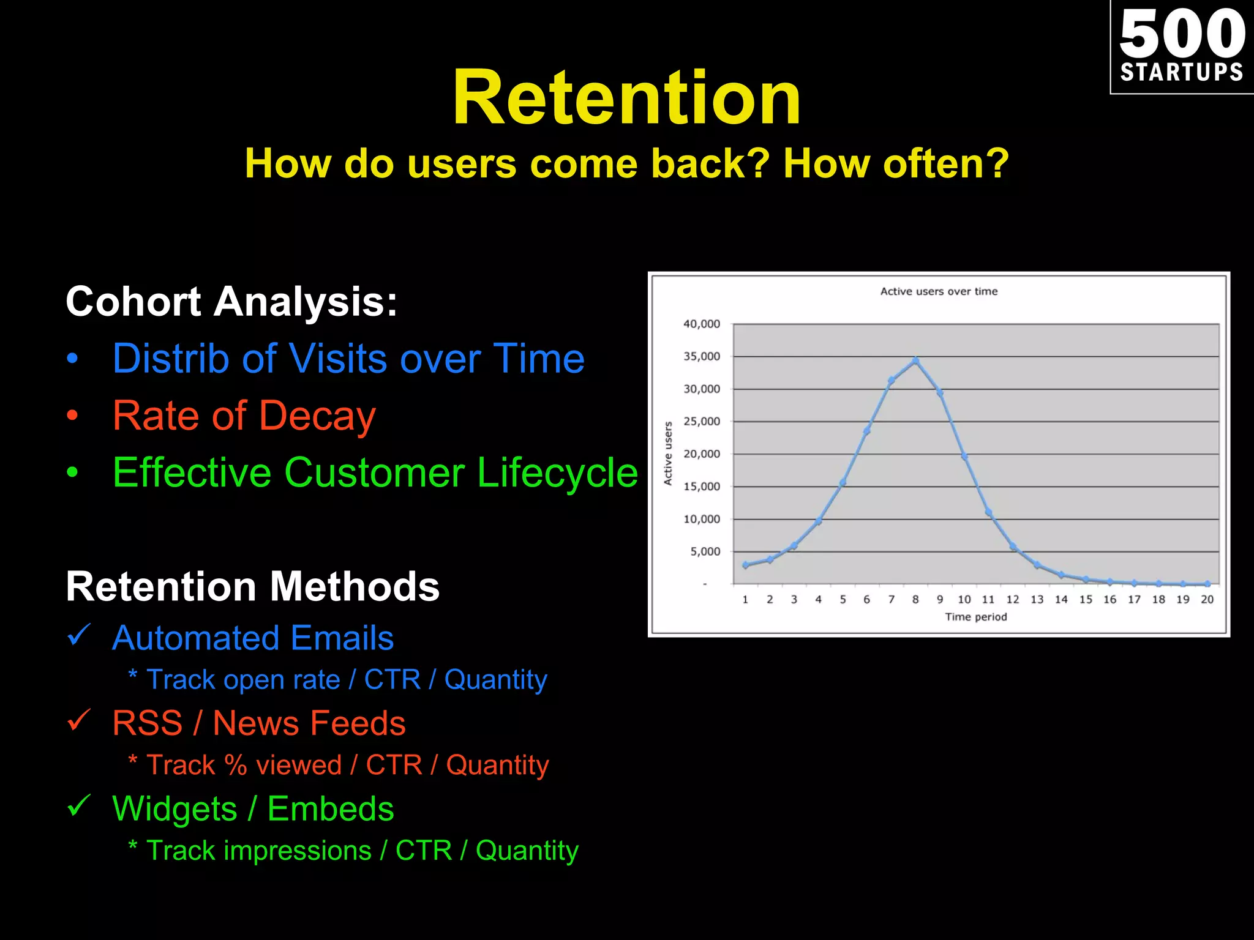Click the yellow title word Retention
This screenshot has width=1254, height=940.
point(626,98)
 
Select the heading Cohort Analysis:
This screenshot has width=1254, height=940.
point(231,302)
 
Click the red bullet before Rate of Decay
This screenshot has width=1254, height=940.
point(72,416)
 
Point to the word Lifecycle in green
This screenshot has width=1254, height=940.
point(557,473)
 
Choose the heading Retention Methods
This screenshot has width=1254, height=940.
point(252,587)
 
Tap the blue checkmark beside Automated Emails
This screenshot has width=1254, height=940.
point(79,635)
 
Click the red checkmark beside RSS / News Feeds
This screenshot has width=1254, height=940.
point(79,720)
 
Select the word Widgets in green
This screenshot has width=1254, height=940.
point(175,809)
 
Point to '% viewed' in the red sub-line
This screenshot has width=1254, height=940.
point(283,766)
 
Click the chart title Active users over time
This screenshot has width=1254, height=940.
point(939,291)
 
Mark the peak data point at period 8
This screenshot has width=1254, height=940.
point(915,361)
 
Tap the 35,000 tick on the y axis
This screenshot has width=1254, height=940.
point(702,356)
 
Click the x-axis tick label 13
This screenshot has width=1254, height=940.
point(1037,599)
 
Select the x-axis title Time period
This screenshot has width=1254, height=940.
point(975,617)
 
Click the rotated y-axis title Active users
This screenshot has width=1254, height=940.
point(668,453)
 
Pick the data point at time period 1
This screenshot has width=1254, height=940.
point(745,565)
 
